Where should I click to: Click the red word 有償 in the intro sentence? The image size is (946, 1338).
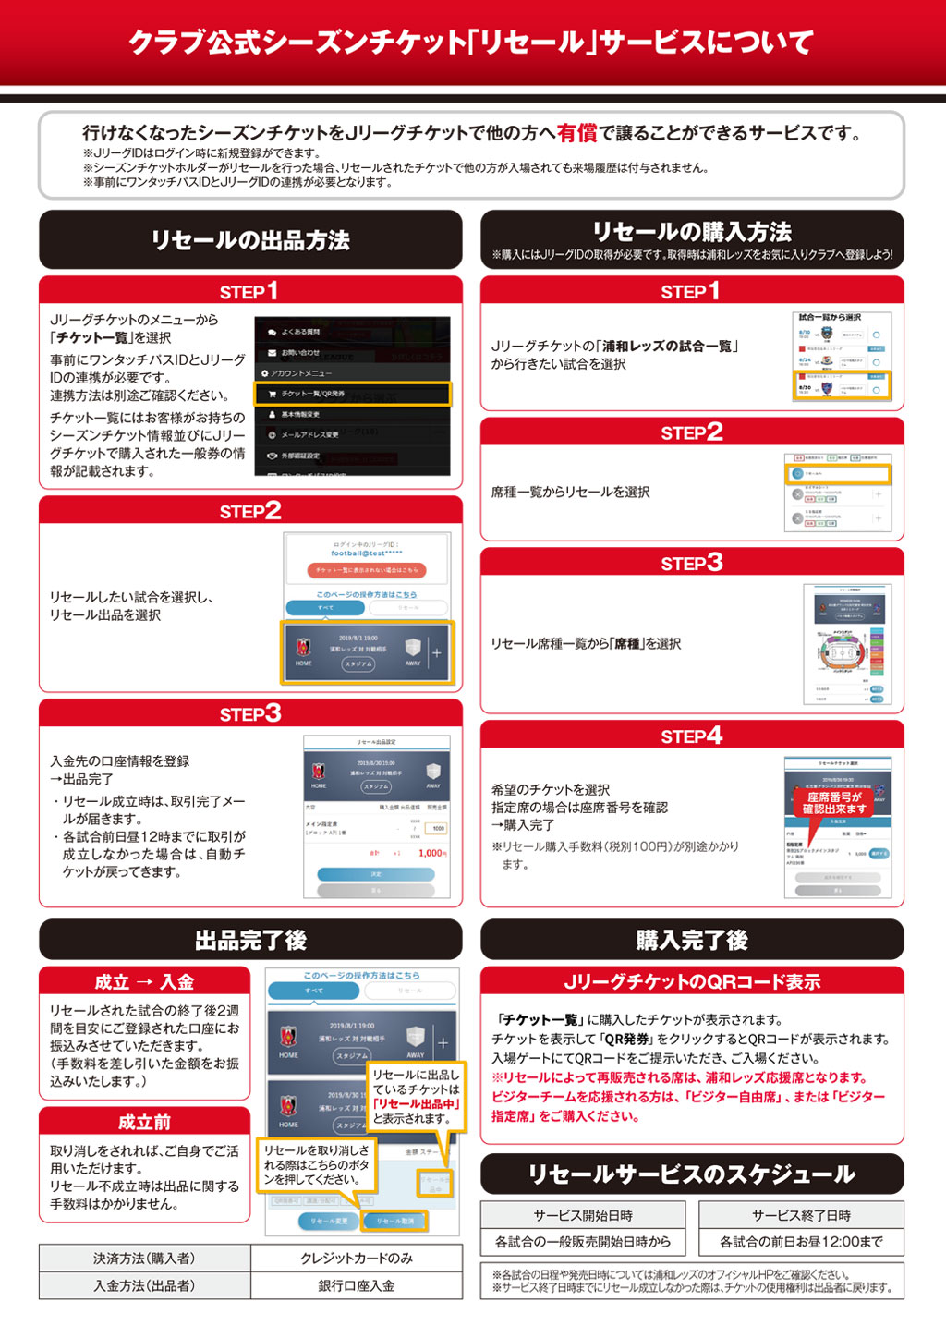[x=577, y=133]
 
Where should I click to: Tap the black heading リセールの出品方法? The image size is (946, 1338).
[x=250, y=240]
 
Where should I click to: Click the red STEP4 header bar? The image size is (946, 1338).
[x=692, y=736]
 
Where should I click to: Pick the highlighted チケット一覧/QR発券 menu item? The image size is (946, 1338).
[x=353, y=395]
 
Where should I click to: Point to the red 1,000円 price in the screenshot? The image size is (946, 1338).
[x=431, y=853]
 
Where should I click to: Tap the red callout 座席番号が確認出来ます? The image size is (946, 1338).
[x=833, y=802]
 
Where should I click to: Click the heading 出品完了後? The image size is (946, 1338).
[x=250, y=940]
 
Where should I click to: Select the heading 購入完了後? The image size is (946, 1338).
[x=692, y=940]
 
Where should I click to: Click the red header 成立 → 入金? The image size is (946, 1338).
[x=145, y=981]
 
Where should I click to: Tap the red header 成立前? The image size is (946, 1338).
[x=145, y=1122]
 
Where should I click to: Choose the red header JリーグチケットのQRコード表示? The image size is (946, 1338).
[x=692, y=981]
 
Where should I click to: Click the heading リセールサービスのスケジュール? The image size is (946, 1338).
[x=692, y=1174]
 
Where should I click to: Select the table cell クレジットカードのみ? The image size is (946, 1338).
[x=357, y=1259]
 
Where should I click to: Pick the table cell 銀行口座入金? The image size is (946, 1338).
[x=357, y=1285]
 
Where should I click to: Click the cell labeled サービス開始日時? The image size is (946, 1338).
[x=583, y=1215]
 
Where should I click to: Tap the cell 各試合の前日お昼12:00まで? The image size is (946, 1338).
[x=801, y=1242]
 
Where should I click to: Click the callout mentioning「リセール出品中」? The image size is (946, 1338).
[x=416, y=1096]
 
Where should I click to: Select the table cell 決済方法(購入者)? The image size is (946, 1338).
[x=144, y=1259]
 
